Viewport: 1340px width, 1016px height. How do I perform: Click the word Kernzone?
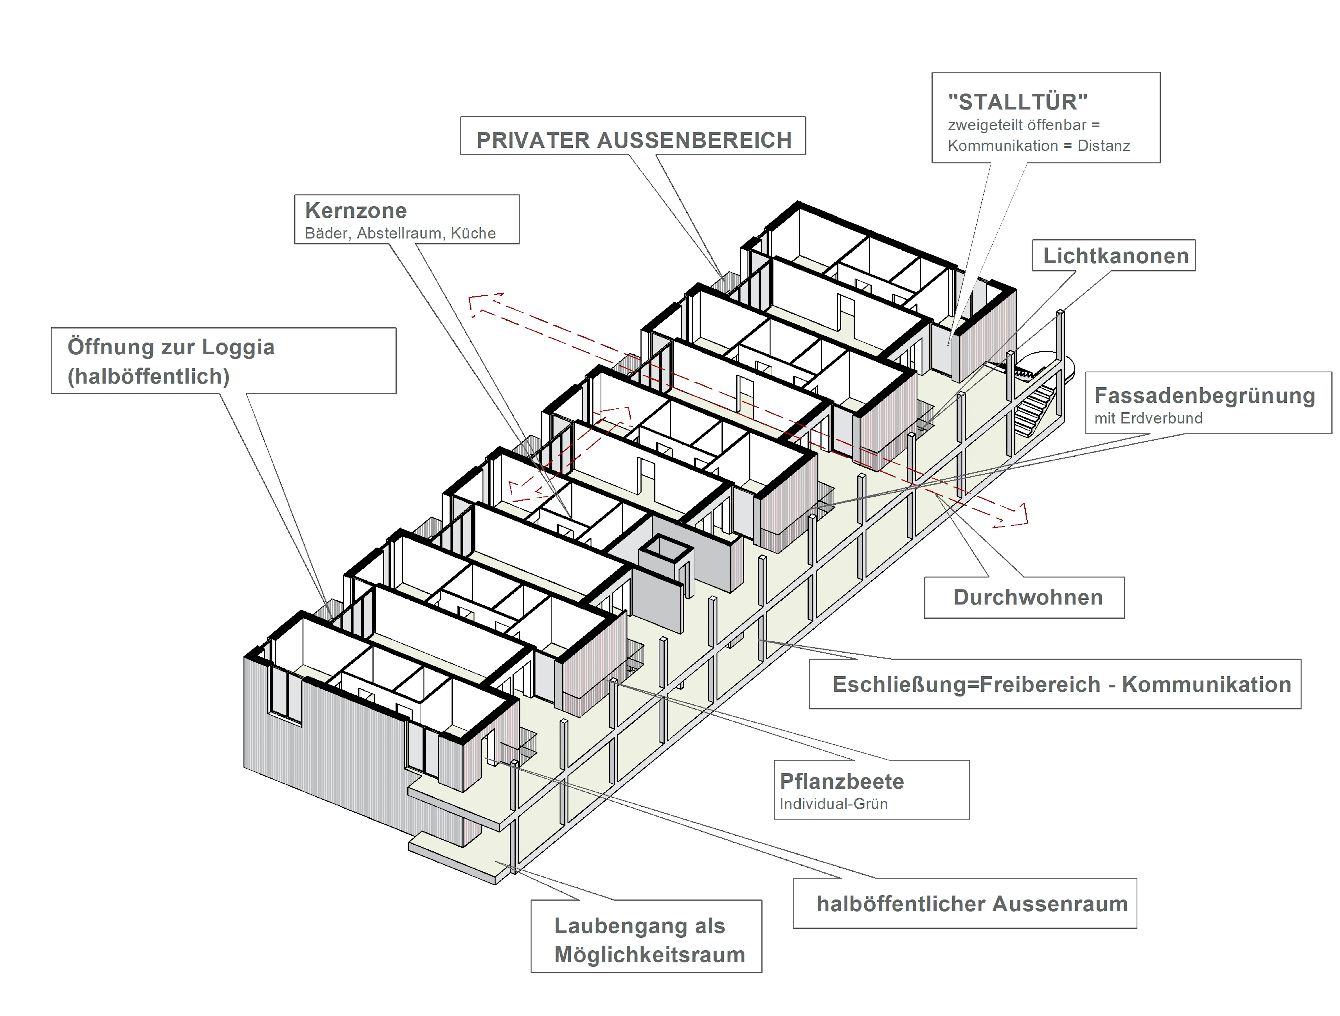[x=356, y=211]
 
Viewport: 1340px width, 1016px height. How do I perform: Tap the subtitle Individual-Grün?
[x=834, y=804]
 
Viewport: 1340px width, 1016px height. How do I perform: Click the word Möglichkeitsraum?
[x=649, y=955]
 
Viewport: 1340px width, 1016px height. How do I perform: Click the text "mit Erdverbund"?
[x=1148, y=418]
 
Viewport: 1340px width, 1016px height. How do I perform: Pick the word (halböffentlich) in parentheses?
[x=148, y=376]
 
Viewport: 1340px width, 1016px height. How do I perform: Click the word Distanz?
[x=1104, y=146]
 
